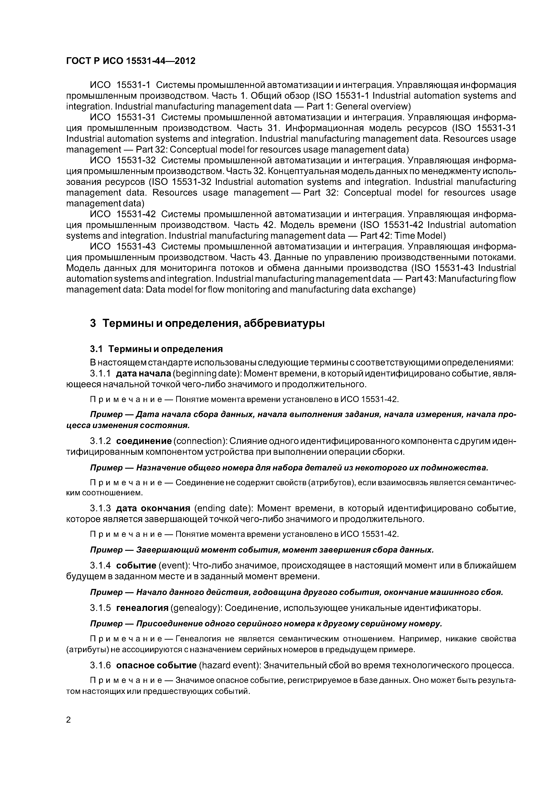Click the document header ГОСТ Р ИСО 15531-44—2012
point(130,61)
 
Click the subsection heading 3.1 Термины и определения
point(156,349)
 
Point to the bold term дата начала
point(143,373)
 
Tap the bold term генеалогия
point(142,608)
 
